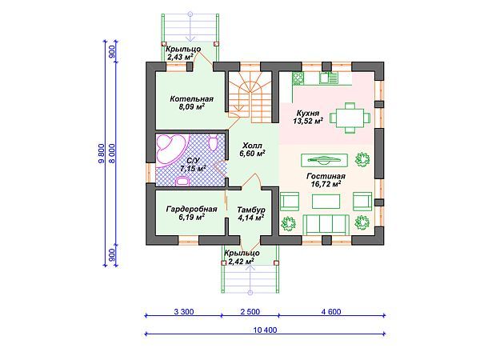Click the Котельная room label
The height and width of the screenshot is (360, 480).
[x=192, y=99]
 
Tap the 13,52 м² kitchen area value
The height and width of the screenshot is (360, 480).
[x=308, y=121]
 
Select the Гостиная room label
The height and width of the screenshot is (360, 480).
[x=326, y=176]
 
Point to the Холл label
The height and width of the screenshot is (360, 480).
[x=252, y=145]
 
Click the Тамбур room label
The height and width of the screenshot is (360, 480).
[x=251, y=210]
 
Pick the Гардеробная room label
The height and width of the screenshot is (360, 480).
[x=192, y=209]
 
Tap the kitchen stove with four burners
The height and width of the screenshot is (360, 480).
[x=298, y=78]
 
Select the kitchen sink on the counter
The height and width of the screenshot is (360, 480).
[x=328, y=78]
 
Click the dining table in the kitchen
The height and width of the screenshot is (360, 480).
[x=350, y=118]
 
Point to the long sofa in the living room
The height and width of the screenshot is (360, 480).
[x=326, y=226]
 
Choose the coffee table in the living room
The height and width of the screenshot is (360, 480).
[x=326, y=201]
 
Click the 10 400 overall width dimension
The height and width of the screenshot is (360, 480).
[x=265, y=330]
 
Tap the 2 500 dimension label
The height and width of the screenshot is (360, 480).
[x=250, y=312]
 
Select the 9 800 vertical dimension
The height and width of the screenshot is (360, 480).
[x=102, y=154]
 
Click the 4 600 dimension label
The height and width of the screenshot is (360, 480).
[x=331, y=312]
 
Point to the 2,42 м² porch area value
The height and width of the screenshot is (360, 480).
[x=239, y=262]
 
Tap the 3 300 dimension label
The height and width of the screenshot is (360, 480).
[x=184, y=312]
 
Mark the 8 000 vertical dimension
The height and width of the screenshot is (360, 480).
[x=112, y=154]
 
